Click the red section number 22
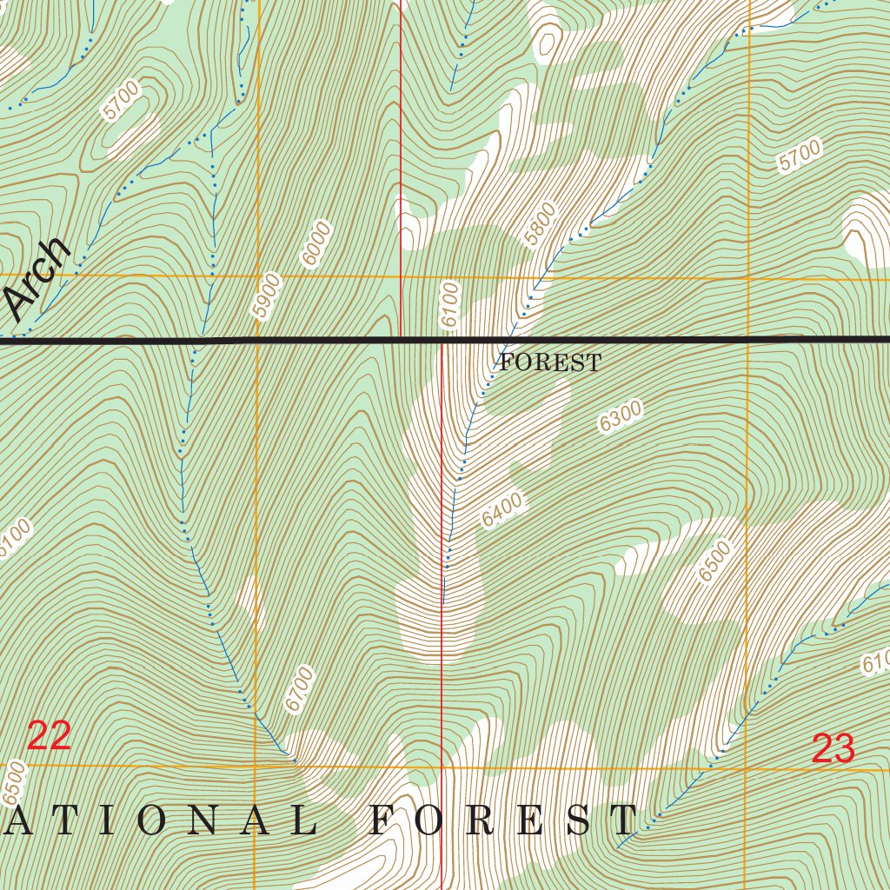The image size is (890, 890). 49,736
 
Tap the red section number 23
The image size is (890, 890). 833,749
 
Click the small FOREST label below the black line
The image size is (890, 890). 549,363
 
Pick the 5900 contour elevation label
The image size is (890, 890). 268,296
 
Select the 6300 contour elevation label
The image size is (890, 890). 621,416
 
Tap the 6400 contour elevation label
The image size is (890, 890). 501,509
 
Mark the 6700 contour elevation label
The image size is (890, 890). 298,688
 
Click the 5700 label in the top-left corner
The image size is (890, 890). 120,99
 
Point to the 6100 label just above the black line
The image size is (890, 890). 449,304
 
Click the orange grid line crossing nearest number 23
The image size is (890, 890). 747,767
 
